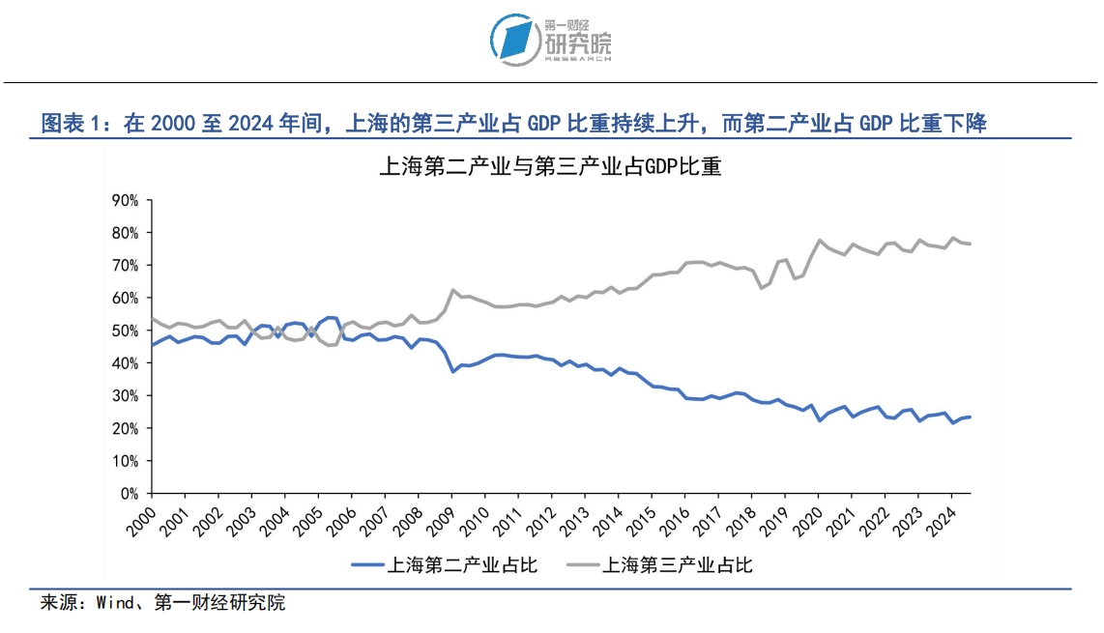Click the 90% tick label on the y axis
127,200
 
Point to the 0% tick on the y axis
131,493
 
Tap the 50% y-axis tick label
127,331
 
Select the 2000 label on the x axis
140,517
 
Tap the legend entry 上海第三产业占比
678,564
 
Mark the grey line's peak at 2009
451,290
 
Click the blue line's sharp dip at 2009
451,371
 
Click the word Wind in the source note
115,603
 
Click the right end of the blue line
970,417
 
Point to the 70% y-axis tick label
127,265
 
